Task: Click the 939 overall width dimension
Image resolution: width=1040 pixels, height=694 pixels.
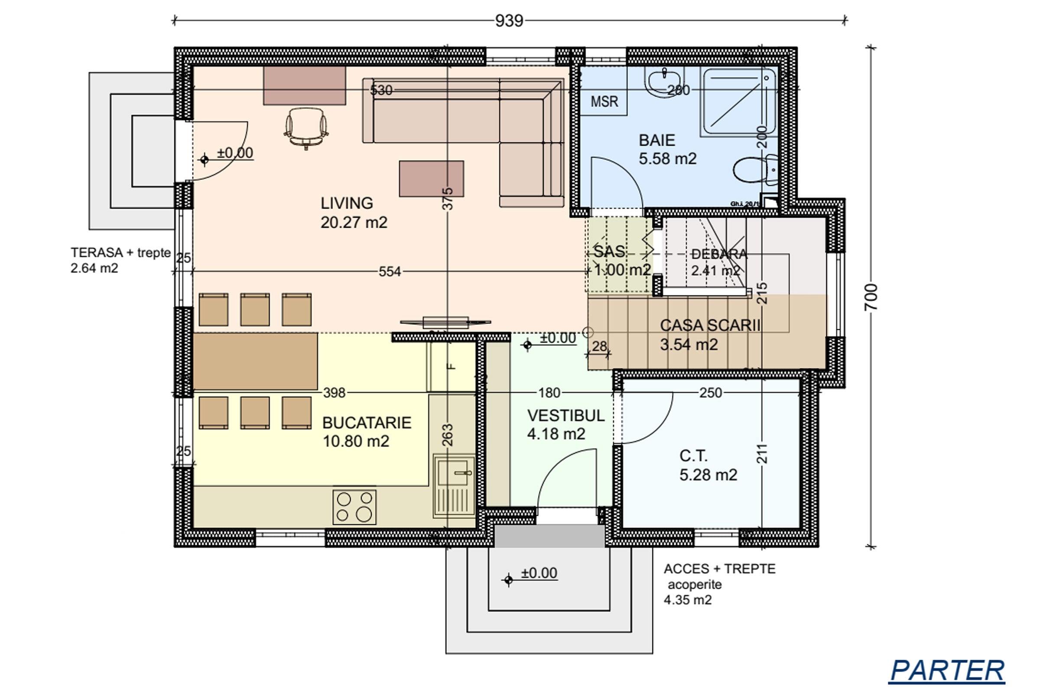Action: click(509, 21)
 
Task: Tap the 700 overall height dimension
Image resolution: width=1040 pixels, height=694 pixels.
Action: click(871, 297)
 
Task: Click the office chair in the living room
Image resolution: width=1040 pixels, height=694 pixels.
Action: click(306, 128)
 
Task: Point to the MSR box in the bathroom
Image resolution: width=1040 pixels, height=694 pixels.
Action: click(604, 101)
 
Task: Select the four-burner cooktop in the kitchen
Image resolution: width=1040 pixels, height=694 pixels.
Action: click(354, 507)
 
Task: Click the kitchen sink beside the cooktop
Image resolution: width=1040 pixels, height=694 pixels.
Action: click(455, 486)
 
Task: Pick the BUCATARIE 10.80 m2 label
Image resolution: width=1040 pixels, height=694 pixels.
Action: click(367, 432)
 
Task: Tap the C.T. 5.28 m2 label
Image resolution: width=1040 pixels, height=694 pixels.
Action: click(708, 465)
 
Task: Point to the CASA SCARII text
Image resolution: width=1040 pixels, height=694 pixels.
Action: click(710, 325)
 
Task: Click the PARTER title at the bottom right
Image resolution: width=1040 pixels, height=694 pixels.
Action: click(947, 671)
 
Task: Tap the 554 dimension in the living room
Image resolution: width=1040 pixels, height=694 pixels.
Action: click(390, 272)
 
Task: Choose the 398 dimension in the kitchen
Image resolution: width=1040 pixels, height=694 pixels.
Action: click(334, 393)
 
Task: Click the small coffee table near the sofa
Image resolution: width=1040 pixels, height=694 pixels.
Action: click(431, 178)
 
